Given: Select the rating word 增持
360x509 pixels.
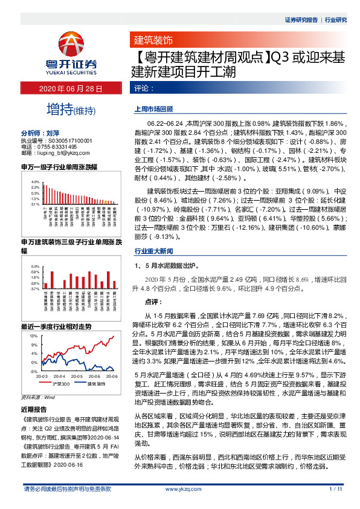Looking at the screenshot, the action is point(59,110).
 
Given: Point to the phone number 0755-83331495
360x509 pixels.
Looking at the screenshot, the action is point(55,147).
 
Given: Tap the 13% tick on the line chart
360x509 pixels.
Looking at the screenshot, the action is point(34,335).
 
